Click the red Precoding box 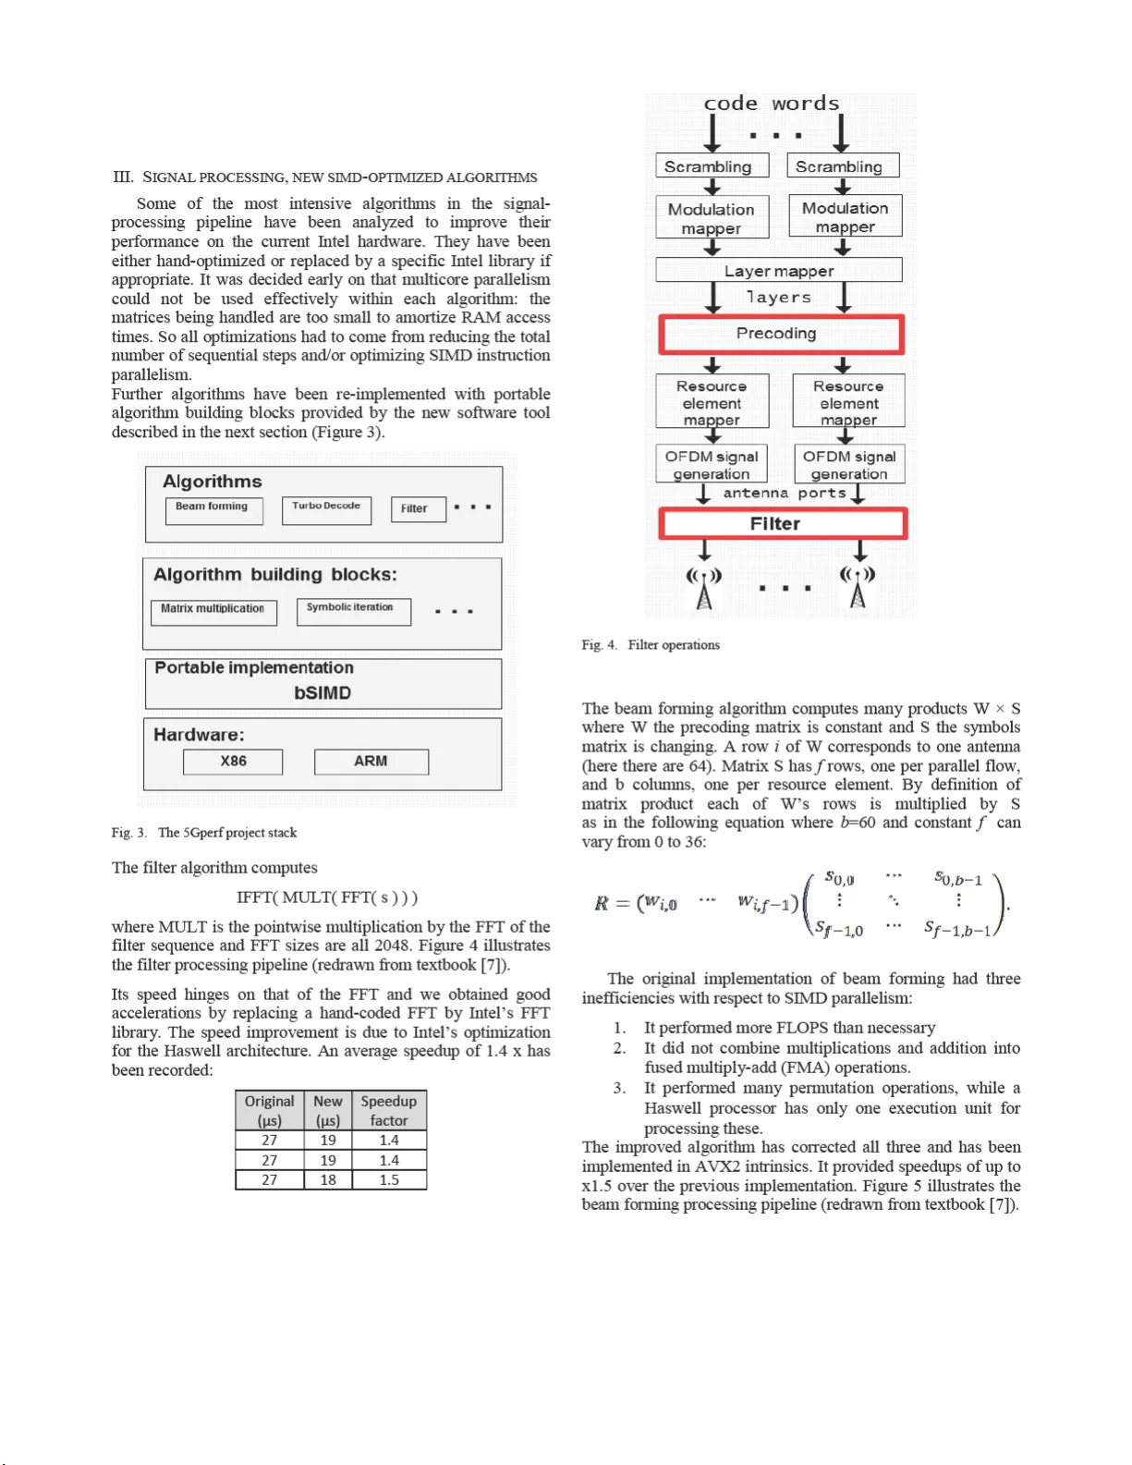(781, 335)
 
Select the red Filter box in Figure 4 (783, 524)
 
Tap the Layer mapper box (778, 271)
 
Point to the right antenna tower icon (858, 589)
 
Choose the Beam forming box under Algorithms (213, 509)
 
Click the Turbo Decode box (326, 509)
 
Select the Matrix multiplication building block (213, 611)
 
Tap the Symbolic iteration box (353, 610)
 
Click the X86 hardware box (233, 762)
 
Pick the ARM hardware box (371, 762)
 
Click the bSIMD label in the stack (323, 693)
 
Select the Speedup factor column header (389, 1110)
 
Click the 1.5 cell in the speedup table (389, 1180)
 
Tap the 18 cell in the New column (328, 1180)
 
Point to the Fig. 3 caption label (128, 833)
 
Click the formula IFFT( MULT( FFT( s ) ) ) (327, 897)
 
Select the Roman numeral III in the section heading (123, 177)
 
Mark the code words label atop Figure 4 (772, 104)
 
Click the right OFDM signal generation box (848, 465)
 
